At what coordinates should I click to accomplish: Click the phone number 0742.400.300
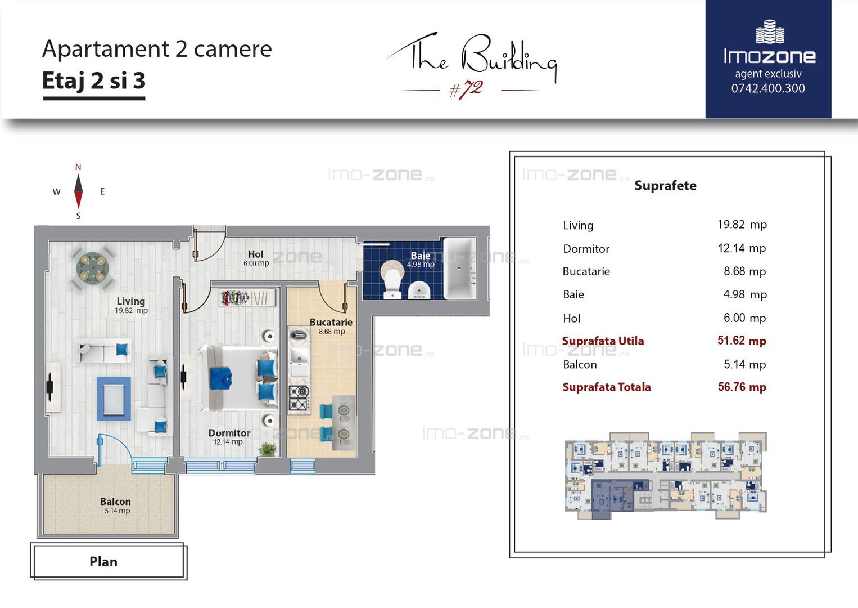[x=768, y=88]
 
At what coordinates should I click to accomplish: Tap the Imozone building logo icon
[x=770, y=32]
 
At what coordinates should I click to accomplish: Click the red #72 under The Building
[x=466, y=90]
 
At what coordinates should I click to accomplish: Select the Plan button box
[x=109, y=561]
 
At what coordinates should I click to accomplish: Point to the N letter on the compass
[x=78, y=167]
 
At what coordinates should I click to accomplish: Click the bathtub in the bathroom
[x=460, y=268]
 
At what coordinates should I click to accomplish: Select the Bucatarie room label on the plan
[x=331, y=322]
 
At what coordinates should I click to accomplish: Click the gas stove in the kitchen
[x=299, y=399]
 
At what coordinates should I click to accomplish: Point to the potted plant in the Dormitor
[x=268, y=448]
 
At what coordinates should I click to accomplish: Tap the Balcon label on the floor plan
[x=115, y=502]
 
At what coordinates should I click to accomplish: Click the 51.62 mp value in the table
[x=742, y=341]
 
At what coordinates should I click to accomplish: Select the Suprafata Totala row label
[x=607, y=387]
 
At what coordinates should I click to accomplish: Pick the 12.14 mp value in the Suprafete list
[x=742, y=248]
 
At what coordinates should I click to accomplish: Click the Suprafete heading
[x=665, y=186]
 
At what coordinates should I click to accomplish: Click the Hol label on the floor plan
[x=255, y=254]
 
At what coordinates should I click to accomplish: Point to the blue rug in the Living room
[x=114, y=399]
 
